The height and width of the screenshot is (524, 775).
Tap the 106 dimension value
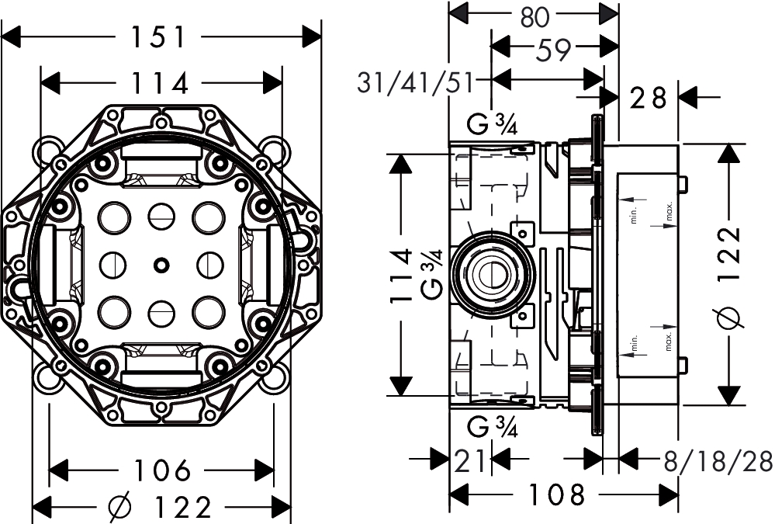pos(161,470)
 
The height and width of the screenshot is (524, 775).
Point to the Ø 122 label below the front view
pos(161,508)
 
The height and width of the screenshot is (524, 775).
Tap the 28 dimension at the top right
pos(649,98)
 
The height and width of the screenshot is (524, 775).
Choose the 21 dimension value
pos(471,461)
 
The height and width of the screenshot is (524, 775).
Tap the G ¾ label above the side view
pos(493,124)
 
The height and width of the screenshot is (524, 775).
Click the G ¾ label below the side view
pos(493,426)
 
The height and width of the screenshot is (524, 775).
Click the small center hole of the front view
pos(161,265)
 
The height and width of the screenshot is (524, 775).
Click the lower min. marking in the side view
pos(635,343)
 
